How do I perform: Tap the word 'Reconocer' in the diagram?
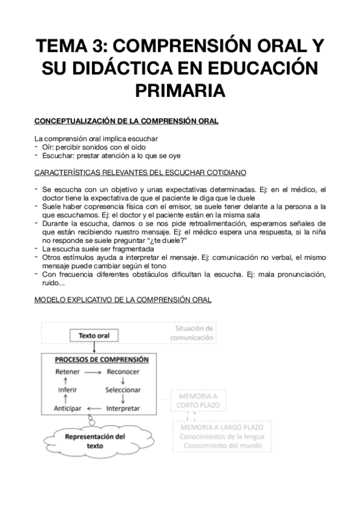point(123,372)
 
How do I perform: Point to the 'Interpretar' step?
point(123,408)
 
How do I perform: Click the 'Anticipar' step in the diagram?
point(67,408)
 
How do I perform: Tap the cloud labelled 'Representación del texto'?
point(94,441)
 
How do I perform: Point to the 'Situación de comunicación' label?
point(194,333)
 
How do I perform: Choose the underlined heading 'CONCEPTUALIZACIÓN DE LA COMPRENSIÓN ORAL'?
point(126,121)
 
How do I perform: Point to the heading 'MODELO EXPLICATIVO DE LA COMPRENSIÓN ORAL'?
point(123,300)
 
